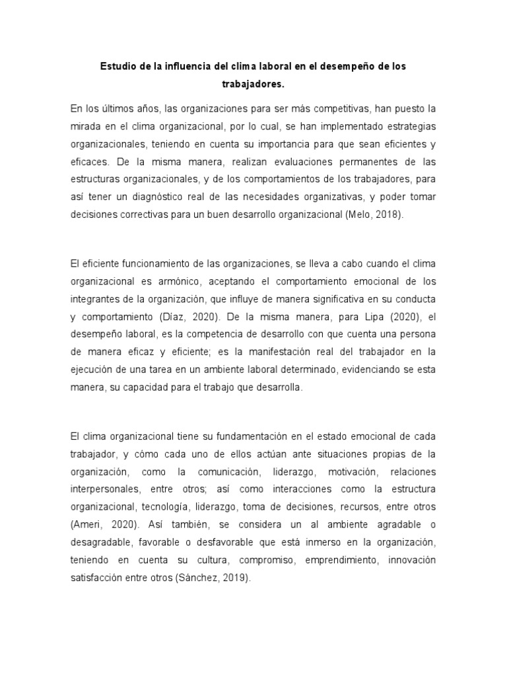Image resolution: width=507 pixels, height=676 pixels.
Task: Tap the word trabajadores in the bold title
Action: [253, 84]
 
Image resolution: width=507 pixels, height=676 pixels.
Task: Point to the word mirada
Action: [85, 125]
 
